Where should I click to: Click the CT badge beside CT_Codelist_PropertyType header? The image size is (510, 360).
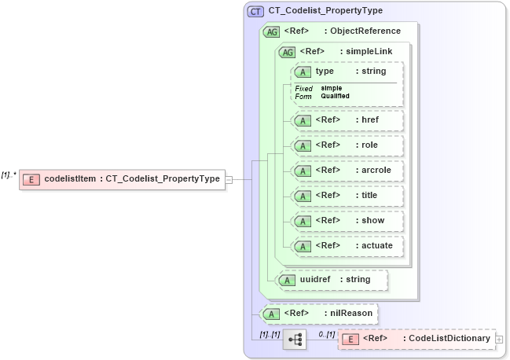coord(256,12)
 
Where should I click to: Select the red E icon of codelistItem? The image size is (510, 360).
coord(31,179)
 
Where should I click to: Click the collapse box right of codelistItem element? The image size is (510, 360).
coord(229,179)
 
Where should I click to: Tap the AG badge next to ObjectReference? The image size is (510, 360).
coord(271,31)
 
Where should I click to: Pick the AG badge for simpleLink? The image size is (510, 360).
coord(287,52)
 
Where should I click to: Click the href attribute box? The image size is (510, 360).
coord(347,120)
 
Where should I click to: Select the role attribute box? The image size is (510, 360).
coord(347,145)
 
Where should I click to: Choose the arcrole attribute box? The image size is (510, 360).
coord(347,171)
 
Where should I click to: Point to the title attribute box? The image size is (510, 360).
coord(347,196)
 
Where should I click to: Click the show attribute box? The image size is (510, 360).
coord(347,221)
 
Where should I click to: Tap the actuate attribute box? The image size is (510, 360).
coord(347,246)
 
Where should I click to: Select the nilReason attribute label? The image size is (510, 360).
coord(351,314)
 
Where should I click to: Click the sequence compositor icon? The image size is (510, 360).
coord(295,340)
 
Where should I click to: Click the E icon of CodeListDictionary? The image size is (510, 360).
coord(352,339)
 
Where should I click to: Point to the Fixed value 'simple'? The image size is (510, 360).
coord(331,88)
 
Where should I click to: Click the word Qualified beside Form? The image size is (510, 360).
coord(335,96)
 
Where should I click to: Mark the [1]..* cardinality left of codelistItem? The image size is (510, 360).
coord(9,174)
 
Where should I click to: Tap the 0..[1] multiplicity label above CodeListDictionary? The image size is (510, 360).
coord(326,334)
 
